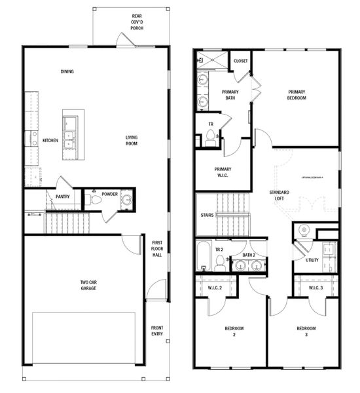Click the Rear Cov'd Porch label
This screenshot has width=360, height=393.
click(x=136, y=22)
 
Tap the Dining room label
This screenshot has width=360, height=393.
click(x=67, y=71)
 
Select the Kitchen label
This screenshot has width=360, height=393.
click(x=50, y=141)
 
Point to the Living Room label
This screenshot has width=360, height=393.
click(x=136, y=141)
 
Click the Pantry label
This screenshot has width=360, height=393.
click(x=63, y=196)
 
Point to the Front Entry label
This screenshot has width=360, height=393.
click(x=157, y=331)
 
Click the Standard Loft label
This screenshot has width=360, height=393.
click(x=279, y=196)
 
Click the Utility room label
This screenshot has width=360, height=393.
click(x=312, y=260)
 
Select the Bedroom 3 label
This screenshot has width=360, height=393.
click(x=306, y=331)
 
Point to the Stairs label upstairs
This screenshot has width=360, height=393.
click(x=207, y=215)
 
